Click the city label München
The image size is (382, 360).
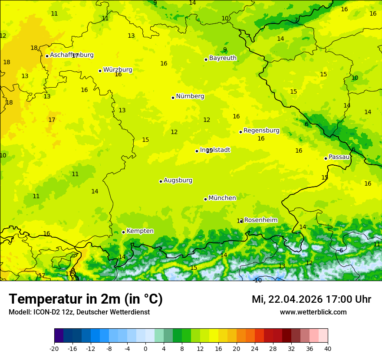[x=222, y=198]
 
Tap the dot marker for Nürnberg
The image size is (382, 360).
[x=173, y=98]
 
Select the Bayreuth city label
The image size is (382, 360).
[x=223, y=58]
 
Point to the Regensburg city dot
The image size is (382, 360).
[x=240, y=132]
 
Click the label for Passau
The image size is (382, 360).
[x=339, y=157]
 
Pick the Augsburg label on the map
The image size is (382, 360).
[x=178, y=180]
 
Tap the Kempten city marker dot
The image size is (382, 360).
[x=123, y=232]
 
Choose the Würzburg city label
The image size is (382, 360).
[x=118, y=70]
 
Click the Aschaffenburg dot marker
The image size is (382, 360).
[x=47, y=56]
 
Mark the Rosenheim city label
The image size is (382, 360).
[x=260, y=220]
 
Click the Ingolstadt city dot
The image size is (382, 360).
[x=197, y=151]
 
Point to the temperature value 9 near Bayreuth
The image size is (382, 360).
[x=225, y=49]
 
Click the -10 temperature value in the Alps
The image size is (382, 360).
[x=258, y=280]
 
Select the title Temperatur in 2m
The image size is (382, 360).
[x=86, y=299]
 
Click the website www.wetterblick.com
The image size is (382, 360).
[x=313, y=312]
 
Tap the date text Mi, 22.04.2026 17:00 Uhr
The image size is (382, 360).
[x=311, y=299]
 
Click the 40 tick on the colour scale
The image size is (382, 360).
[x=327, y=348]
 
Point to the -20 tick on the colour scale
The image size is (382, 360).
[x=54, y=348]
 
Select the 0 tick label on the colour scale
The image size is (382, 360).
[x=145, y=348]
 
